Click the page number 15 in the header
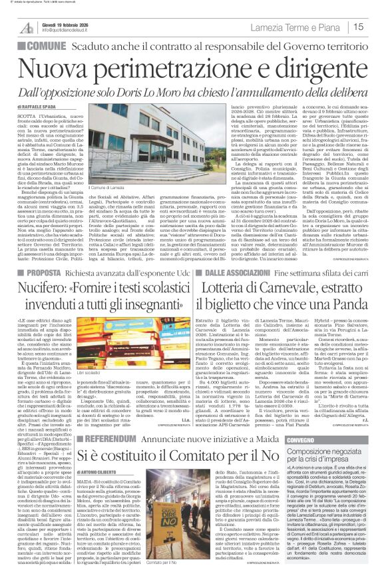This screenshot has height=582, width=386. click(376, 27)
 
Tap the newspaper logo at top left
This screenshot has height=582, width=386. click(26, 27)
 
